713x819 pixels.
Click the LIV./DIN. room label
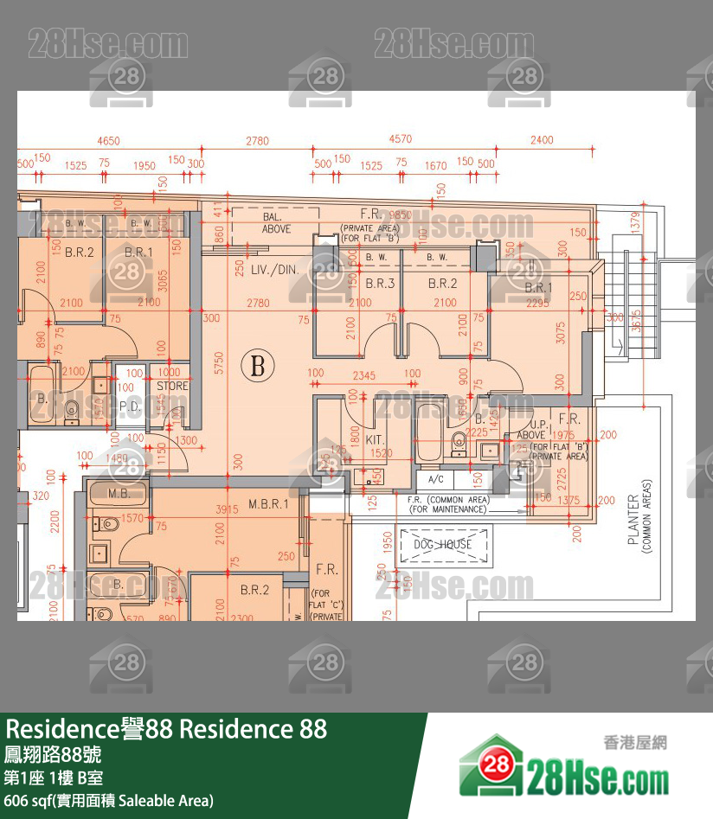[275, 270]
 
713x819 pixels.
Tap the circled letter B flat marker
[257, 365]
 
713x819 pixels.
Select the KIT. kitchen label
[375, 439]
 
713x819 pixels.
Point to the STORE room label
[172, 386]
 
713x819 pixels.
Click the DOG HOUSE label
[442, 544]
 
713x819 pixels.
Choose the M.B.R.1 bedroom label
[268, 502]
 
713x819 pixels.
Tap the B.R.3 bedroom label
[380, 283]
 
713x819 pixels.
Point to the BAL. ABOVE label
[276, 223]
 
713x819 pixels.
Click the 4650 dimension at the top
[108, 140]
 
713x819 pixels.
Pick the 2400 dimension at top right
[542, 140]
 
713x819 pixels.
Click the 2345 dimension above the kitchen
[364, 375]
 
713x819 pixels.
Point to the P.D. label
[130, 405]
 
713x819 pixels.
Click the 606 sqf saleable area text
[109, 801]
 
